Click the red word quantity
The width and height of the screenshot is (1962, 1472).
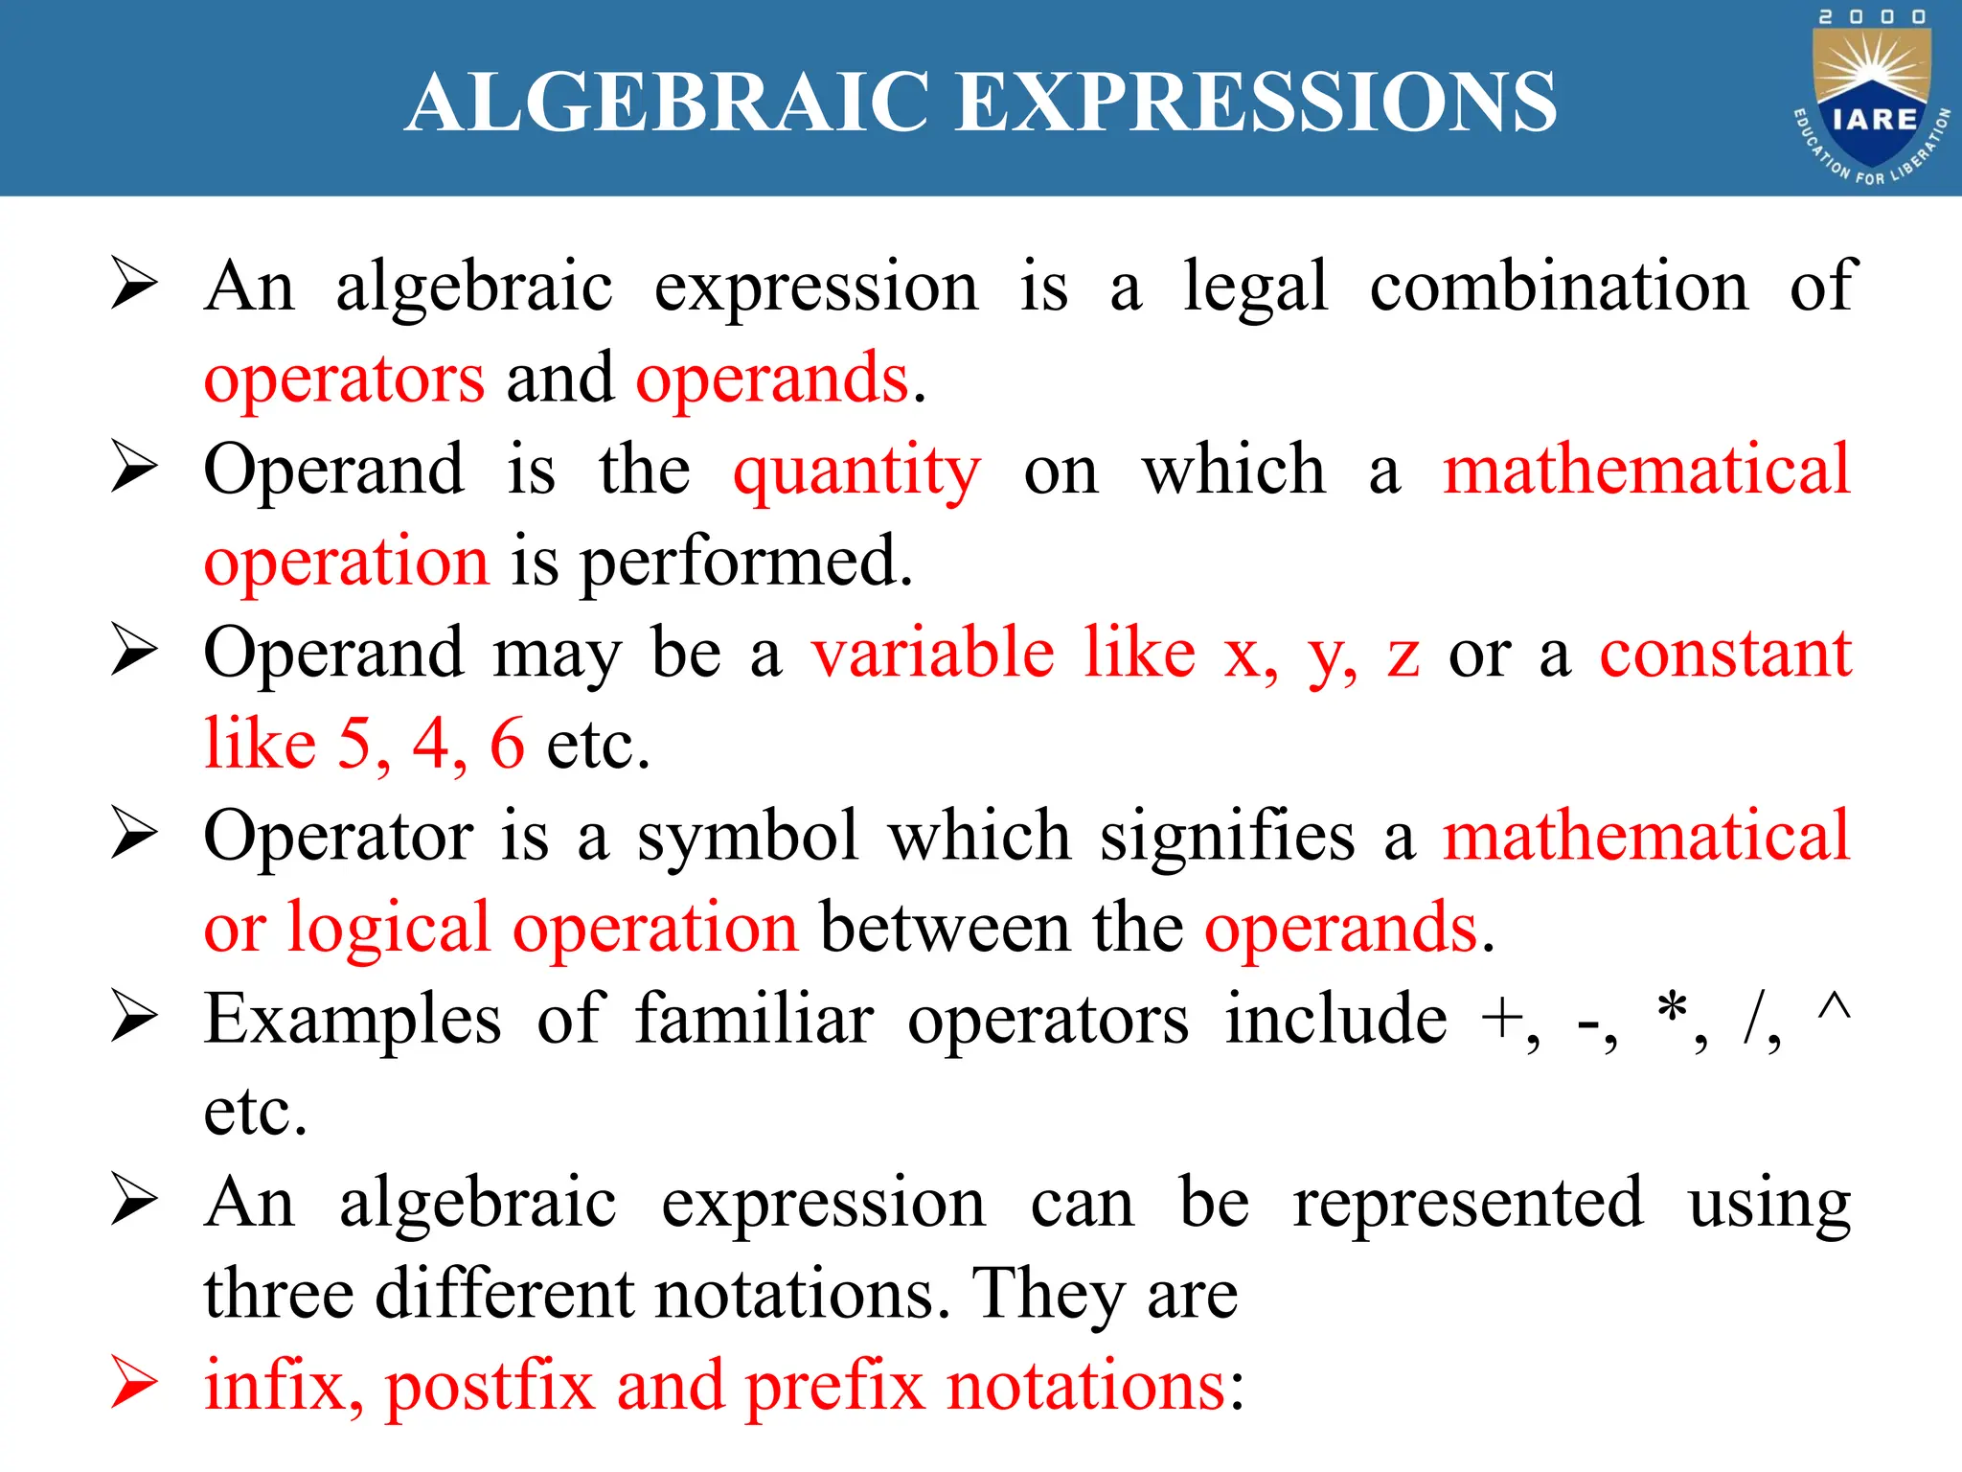[x=857, y=471]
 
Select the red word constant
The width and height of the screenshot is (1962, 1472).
[x=1724, y=654]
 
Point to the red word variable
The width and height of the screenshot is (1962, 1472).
[x=933, y=654]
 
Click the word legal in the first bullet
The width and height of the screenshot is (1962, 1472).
[x=1256, y=287]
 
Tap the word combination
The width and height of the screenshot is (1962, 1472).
[x=1559, y=287]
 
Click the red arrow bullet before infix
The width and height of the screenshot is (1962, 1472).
[x=133, y=1383]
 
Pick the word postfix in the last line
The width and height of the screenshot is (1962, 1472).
[x=490, y=1388]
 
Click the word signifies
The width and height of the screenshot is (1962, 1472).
[x=1227, y=837]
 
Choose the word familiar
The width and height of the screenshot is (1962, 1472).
[x=755, y=1019]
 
